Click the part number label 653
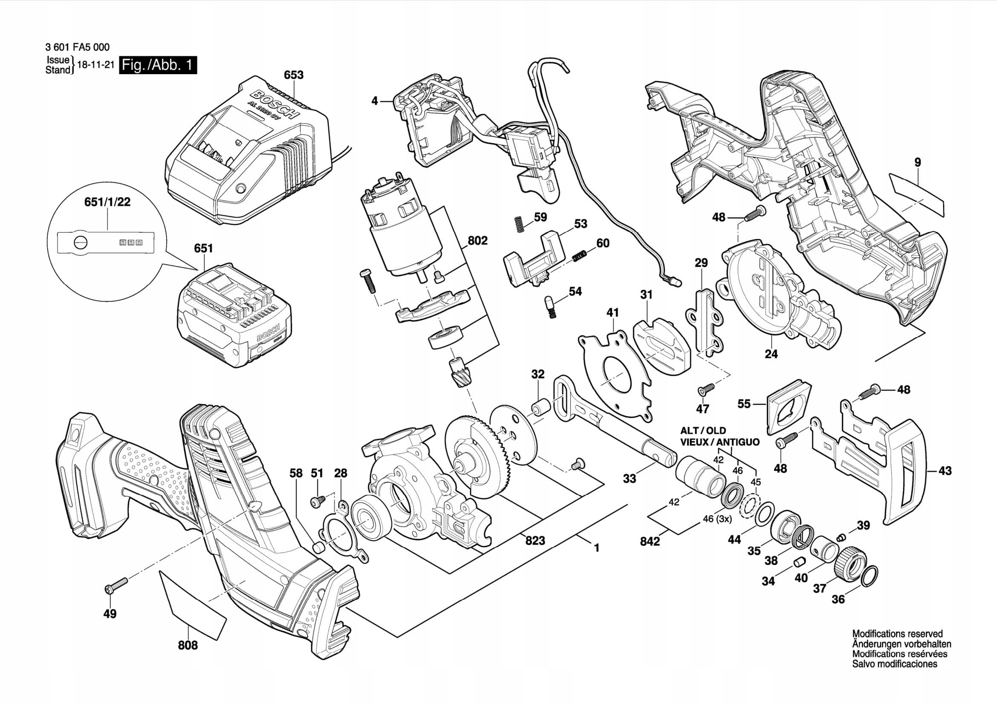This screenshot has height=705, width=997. pos(294,75)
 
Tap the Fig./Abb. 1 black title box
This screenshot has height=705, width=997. pos(158,65)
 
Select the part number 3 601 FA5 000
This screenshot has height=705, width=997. pos(77,47)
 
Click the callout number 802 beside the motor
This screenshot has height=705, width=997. pos(477,240)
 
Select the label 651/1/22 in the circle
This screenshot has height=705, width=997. pos(107,202)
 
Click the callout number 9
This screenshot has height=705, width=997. pos(918,162)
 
